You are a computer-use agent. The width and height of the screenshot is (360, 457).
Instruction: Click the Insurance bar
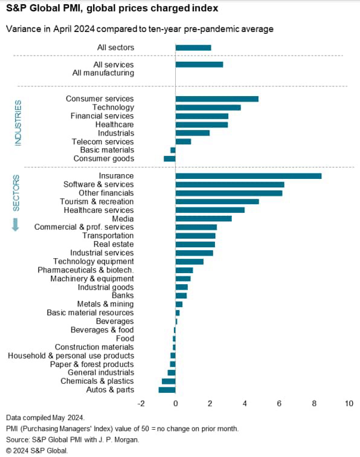[248, 176]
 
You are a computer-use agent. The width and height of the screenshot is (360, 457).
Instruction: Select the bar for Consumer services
[217, 99]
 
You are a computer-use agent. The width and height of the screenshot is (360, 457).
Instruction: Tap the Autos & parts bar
[167, 390]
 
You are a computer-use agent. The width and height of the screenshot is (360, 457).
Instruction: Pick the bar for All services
[199, 65]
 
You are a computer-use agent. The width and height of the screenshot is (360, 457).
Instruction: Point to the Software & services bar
[230, 184]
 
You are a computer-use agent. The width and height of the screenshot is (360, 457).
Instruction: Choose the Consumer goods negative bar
[170, 158]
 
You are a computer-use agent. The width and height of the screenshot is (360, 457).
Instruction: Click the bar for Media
[204, 218]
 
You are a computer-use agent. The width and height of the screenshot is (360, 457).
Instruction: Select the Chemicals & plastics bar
[169, 381]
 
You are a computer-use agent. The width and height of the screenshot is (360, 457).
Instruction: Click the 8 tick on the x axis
[314, 403]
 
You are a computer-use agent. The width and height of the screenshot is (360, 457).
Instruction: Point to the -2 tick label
[141, 403]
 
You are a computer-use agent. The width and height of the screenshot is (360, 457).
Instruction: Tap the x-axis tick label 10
[349, 403]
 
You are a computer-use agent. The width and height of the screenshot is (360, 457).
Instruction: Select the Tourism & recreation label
[97, 201]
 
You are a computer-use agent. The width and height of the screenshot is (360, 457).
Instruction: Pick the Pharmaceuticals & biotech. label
[86, 270]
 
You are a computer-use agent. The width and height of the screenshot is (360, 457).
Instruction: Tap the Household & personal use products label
[71, 356]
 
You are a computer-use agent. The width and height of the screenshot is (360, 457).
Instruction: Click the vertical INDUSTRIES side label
[18, 123]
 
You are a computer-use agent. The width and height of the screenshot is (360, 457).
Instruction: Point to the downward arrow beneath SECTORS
[16, 224]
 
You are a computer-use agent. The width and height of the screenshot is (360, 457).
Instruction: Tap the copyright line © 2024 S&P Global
[37, 450]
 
